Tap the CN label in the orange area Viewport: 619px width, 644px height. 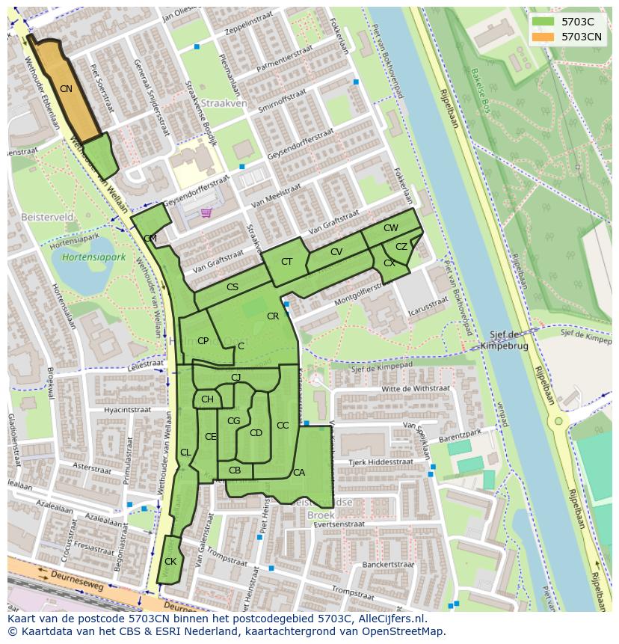(x=66, y=89)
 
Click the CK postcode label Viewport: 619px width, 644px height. (x=170, y=561)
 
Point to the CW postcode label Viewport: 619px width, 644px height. (x=390, y=228)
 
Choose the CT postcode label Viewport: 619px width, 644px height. (x=287, y=262)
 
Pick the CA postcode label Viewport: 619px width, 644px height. (x=299, y=472)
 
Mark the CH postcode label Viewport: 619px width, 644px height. (x=207, y=399)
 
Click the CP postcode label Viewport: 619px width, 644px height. (x=203, y=341)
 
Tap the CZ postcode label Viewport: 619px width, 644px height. (x=401, y=247)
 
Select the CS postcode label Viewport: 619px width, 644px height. (x=232, y=287)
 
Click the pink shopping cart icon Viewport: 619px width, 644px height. (x=206, y=212)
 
